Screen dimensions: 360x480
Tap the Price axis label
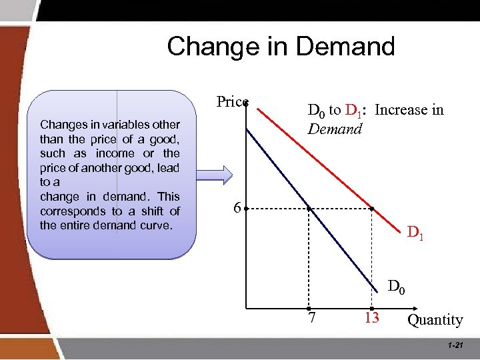click(x=231, y=101)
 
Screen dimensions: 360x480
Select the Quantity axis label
click(x=435, y=320)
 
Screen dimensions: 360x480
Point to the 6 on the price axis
click(x=237, y=208)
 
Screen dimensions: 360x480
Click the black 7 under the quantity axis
click(x=311, y=317)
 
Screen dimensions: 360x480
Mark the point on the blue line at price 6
click(x=309, y=209)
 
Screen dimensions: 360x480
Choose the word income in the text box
click(x=117, y=153)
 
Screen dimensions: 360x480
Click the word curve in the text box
click(x=154, y=225)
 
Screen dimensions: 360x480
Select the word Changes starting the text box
click(x=61, y=125)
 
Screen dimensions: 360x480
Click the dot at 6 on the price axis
click(x=246, y=209)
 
